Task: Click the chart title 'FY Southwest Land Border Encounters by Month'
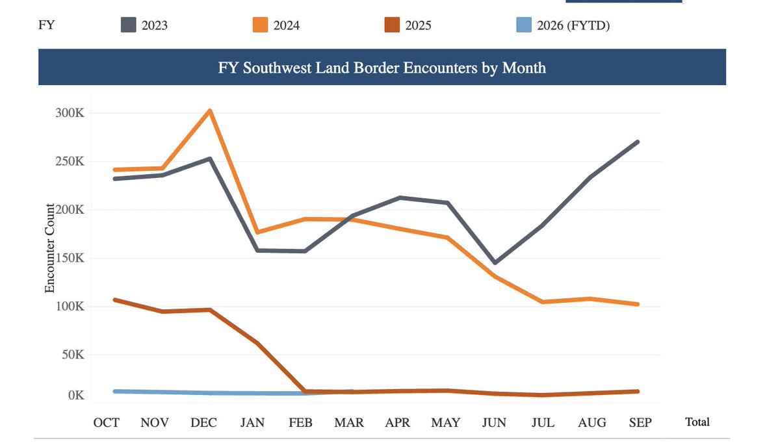[382, 68]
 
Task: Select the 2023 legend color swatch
[128, 26]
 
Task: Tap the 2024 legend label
[286, 26]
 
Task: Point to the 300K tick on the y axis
[70, 113]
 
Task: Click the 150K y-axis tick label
[70, 258]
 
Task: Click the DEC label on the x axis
[203, 423]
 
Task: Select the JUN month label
[494, 423]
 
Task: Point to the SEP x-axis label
[640, 423]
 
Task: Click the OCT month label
[107, 423]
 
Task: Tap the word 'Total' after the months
[697, 422]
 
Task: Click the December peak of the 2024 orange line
[210, 110]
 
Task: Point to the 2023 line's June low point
[495, 263]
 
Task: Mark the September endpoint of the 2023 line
[638, 142]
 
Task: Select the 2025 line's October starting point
[114, 299]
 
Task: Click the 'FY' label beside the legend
[46, 26]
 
